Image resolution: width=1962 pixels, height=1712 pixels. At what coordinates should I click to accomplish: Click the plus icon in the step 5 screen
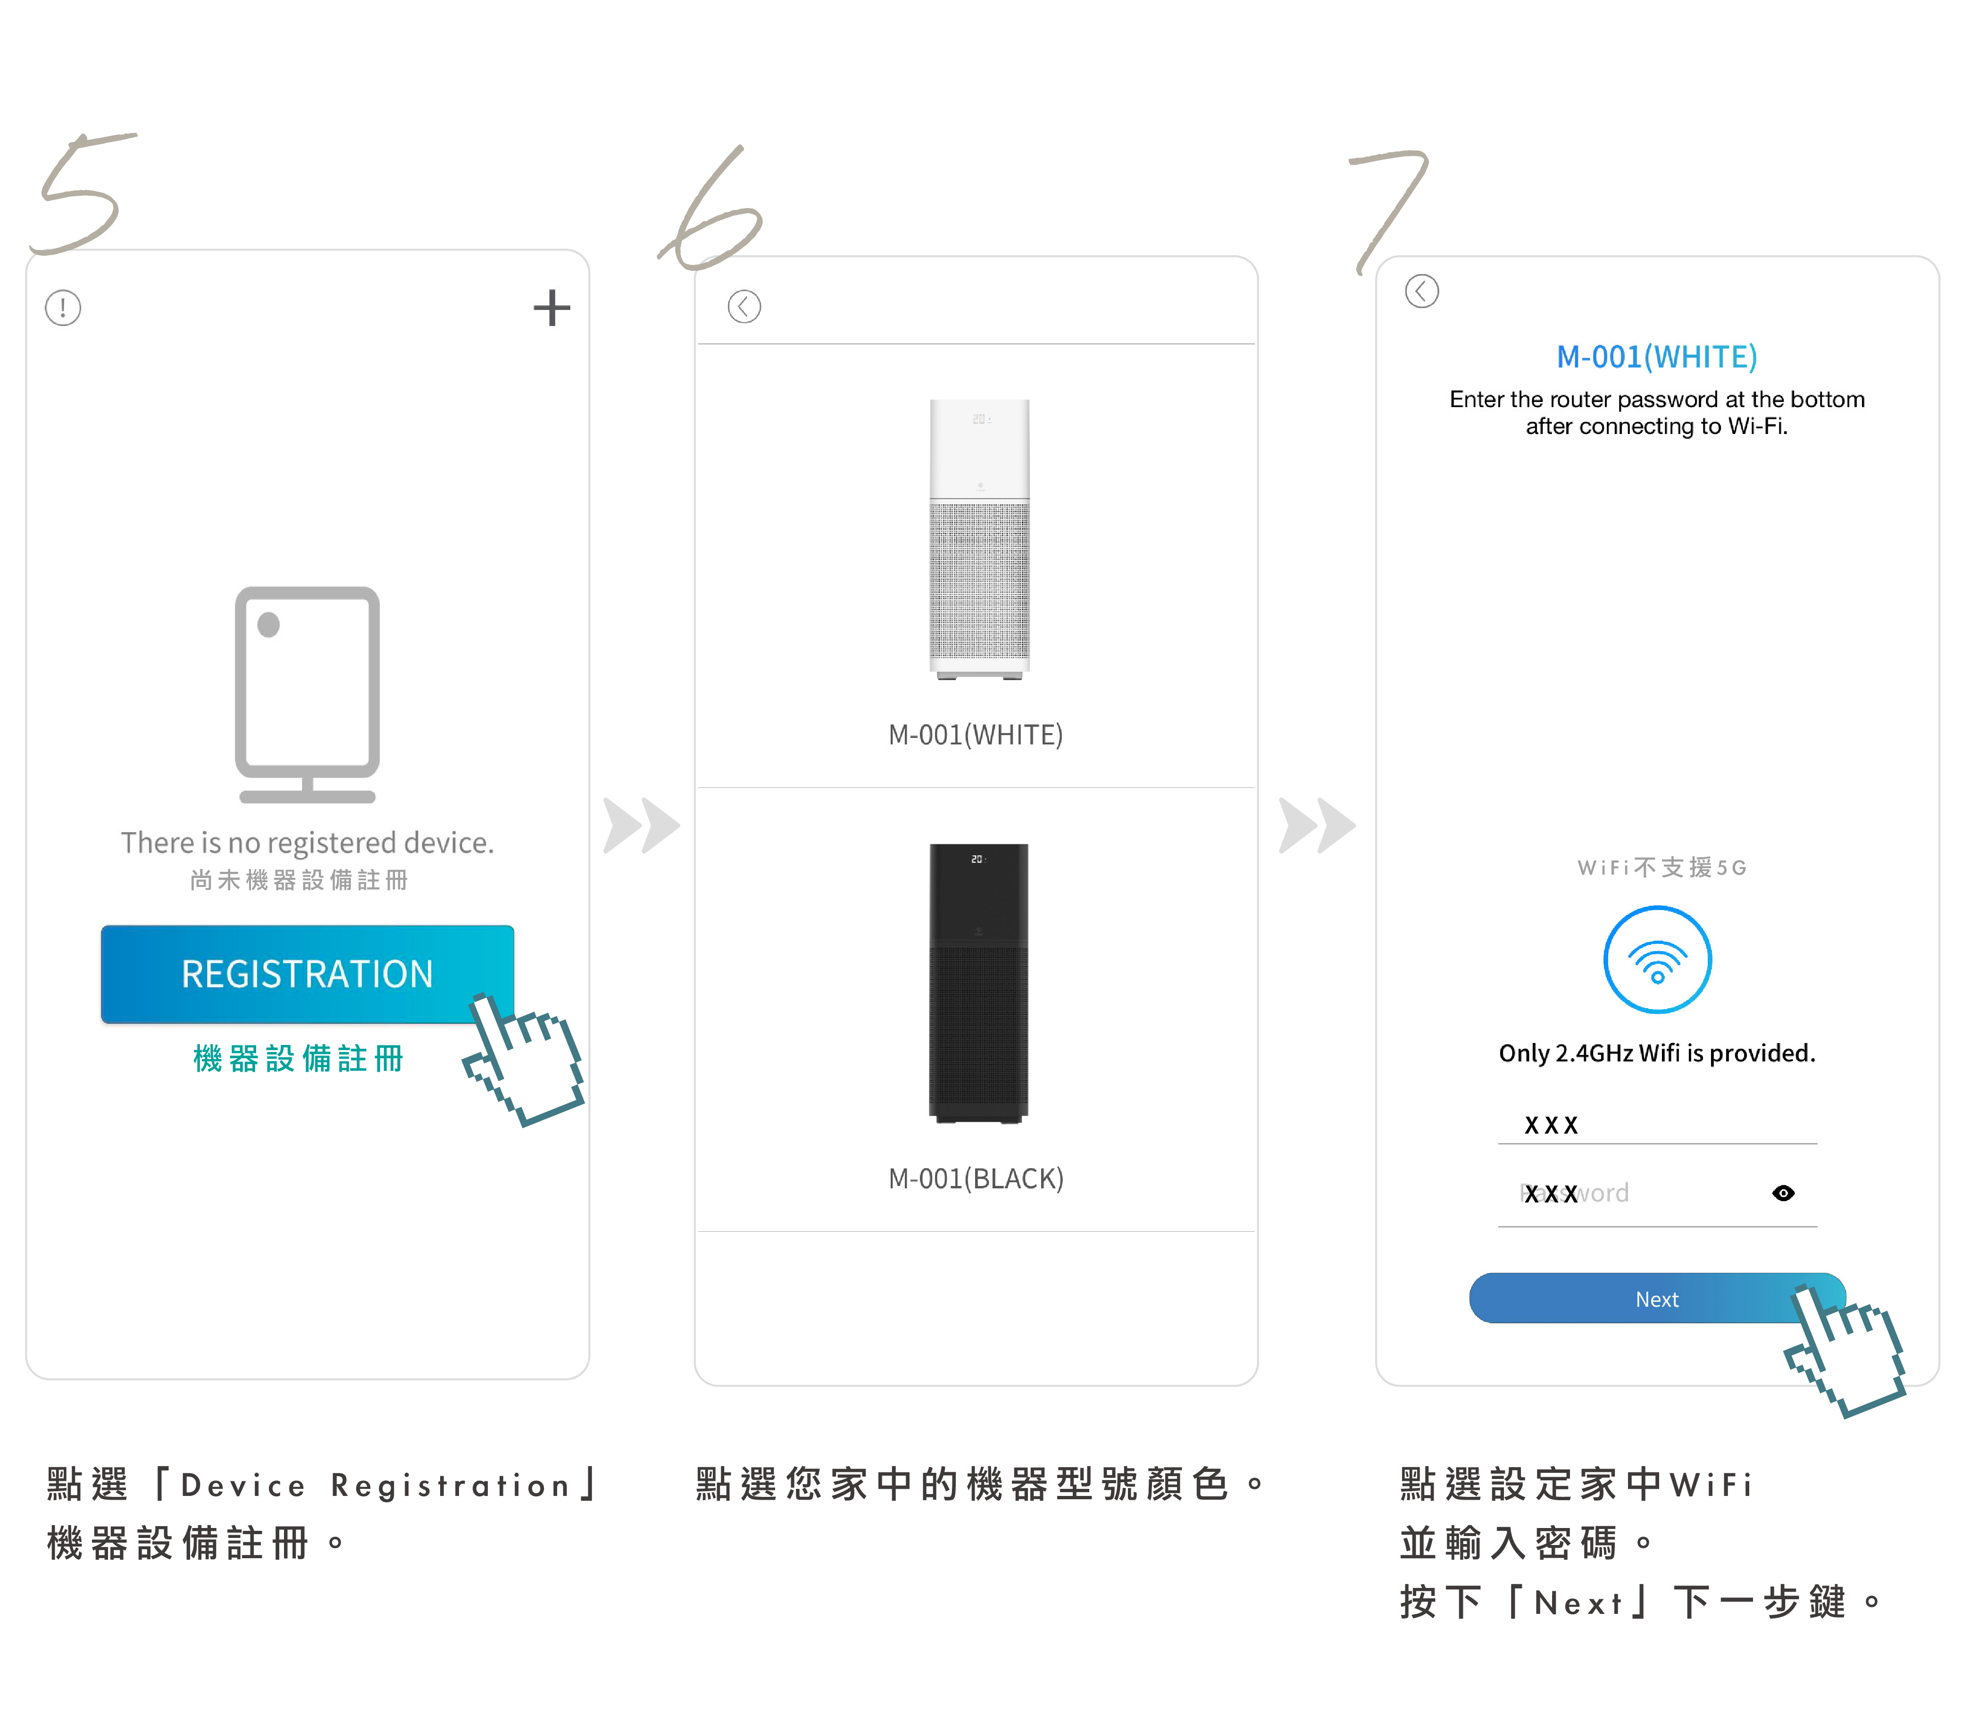(551, 308)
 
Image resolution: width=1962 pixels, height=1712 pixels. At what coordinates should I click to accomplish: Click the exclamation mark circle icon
(63, 308)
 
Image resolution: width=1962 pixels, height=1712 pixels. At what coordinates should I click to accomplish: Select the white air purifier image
(979, 540)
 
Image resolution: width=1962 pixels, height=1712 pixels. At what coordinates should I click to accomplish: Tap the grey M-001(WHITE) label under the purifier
(975, 735)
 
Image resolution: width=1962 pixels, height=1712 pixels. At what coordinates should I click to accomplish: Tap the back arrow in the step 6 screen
(744, 307)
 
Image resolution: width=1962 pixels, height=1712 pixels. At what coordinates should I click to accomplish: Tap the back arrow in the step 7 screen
(1421, 291)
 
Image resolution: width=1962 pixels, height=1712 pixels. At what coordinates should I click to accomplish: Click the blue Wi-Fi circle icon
(1657, 960)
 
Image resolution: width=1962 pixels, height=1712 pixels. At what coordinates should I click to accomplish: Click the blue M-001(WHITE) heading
(1656, 356)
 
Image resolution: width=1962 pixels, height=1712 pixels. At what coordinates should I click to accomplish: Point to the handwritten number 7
(1390, 205)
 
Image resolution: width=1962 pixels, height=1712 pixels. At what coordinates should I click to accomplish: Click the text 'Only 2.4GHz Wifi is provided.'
(1656, 1053)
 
